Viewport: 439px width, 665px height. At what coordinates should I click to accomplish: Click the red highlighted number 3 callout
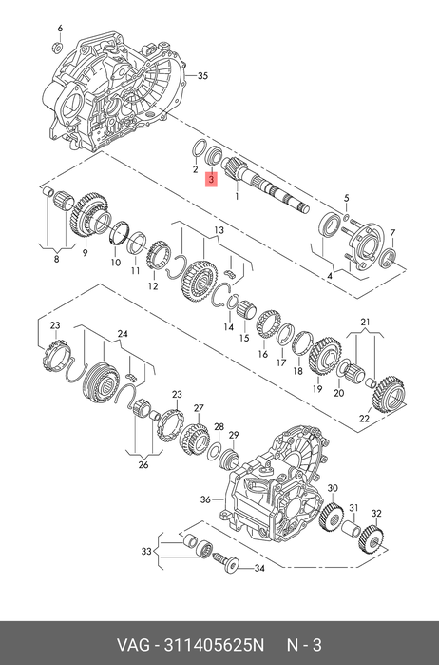211,180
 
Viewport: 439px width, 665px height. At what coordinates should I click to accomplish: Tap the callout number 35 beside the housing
202,76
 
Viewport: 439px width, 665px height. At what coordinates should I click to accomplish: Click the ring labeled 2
199,148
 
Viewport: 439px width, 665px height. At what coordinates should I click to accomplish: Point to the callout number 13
219,230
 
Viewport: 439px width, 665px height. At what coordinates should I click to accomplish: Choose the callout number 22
364,419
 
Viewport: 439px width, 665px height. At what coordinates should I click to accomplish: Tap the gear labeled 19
325,357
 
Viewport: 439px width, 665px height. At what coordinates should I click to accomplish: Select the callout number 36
205,499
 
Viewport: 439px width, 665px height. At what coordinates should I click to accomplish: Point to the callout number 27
199,408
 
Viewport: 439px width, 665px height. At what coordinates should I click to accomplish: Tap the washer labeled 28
214,450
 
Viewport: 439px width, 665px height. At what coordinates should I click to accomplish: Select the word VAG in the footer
133,645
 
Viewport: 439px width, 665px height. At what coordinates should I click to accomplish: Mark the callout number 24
123,334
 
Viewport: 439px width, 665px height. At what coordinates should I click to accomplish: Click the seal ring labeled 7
388,258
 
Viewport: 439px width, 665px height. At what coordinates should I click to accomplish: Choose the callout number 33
146,552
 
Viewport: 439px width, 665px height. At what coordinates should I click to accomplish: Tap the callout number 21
365,322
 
